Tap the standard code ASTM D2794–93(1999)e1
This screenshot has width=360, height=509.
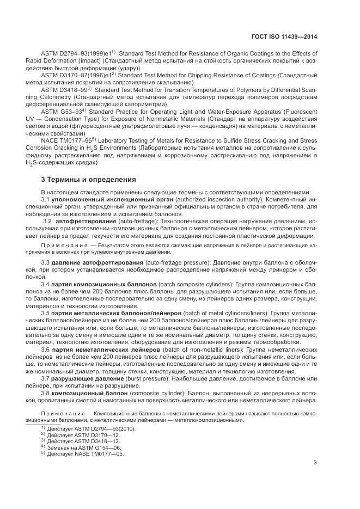pos(75,53)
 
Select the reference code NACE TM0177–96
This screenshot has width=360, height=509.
pos(66,139)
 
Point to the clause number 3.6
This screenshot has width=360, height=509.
pos(46,349)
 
